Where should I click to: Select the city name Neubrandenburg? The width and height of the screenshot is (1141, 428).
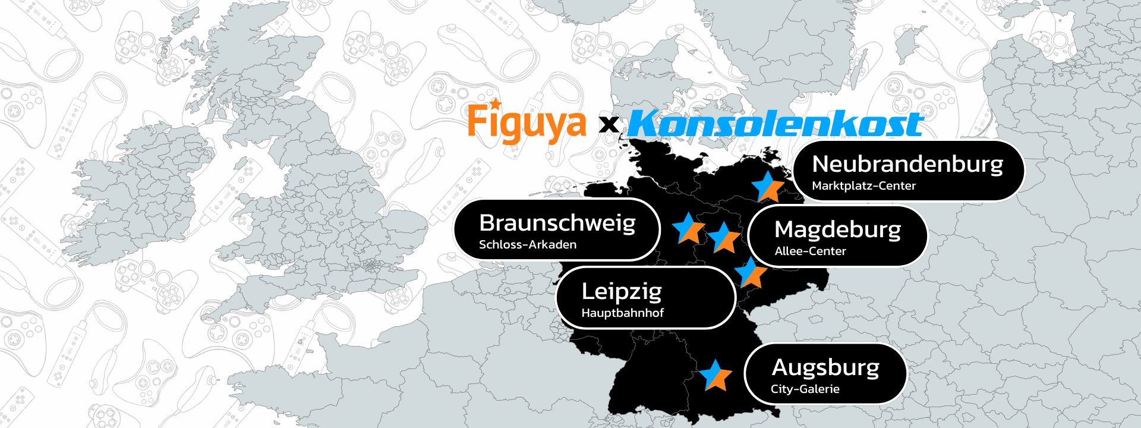[x=907, y=163]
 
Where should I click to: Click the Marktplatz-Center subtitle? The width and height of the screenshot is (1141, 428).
[x=863, y=186]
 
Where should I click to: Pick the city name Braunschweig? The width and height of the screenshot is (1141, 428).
[x=557, y=223]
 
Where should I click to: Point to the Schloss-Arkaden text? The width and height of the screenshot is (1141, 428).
[x=527, y=245]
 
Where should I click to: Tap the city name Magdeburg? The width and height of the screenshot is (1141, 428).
[x=837, y=229]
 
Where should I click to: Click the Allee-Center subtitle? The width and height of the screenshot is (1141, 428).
[x=810, y=251]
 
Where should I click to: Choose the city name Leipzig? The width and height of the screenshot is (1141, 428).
[x=621, y=291]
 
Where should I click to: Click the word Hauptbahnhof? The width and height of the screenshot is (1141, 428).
[x=622, y=313]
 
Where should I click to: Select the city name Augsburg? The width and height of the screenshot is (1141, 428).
[x=825, y=367]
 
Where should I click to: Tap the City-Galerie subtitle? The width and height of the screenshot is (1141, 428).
[x=805, y=389]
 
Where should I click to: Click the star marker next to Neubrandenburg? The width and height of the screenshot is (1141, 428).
[x=767, y=187]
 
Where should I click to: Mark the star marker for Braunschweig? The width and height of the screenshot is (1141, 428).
[x=688, y=228]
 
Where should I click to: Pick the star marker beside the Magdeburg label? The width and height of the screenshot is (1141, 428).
[x=723, y=238]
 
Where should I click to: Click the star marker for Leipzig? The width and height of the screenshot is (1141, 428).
[x=751, y=273]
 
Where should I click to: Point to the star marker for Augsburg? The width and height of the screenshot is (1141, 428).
[x=715, y=376]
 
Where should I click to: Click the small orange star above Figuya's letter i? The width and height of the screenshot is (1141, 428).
[x=493, y=103]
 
